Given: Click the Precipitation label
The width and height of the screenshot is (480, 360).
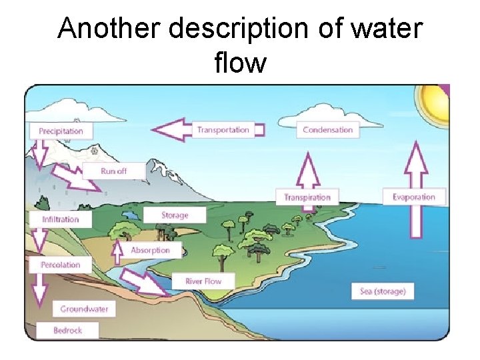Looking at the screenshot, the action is [x=61, y=131].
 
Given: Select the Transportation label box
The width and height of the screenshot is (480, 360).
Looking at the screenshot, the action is [x=223, y=130].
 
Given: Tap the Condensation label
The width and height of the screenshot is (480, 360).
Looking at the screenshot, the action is [x=327, y=130].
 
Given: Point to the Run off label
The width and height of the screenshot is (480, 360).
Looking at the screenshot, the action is [x=113, y=171].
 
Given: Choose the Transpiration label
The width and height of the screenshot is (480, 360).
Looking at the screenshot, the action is [x=307, y=197].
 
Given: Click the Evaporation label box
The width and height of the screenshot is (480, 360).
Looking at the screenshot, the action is [x=413, y=197].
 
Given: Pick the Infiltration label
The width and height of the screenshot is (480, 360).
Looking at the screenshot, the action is [x=61, y=219].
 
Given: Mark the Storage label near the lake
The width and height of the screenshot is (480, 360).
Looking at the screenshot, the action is [x=175, y=215].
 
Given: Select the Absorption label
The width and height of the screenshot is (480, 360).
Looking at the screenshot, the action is [x=150, y=251].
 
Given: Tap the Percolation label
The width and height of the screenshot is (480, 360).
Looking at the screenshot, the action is [x=61, y=265].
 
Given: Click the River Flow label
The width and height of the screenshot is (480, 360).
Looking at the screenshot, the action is [x=203, y=281].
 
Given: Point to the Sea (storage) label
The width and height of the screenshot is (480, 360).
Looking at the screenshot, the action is [x=383, y=291].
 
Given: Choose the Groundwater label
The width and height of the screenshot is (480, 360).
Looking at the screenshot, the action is [x=84, y=309].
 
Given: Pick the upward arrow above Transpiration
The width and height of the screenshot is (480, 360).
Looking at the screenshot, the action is [x=307, y=169].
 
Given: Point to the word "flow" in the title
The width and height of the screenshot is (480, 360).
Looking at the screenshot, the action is [x=240, y=63].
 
